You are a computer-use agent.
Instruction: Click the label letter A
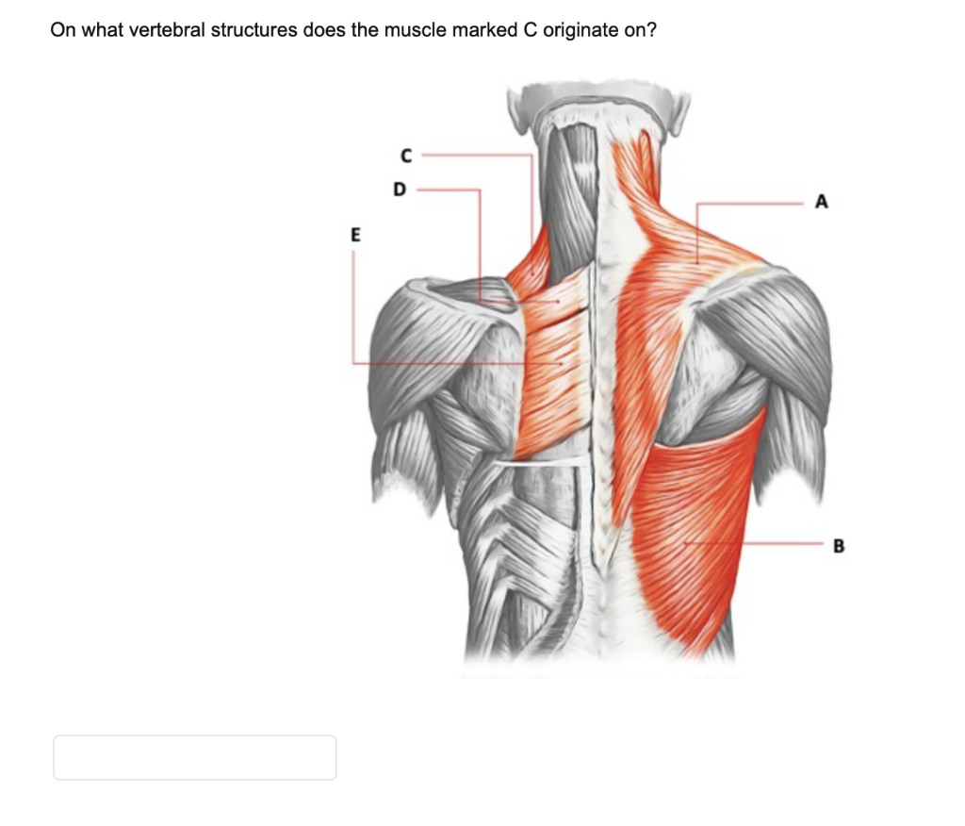pyautogui.click(x=822, y=201)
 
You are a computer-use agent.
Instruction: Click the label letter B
pyautogui.click(x=840, y=544)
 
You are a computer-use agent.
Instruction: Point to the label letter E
pyautogui.click(x=355, y=236)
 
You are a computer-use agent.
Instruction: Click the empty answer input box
pyautogui.click(x=194, y=757)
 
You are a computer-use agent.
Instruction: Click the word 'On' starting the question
pyautogui.click(x=62, y=30)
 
